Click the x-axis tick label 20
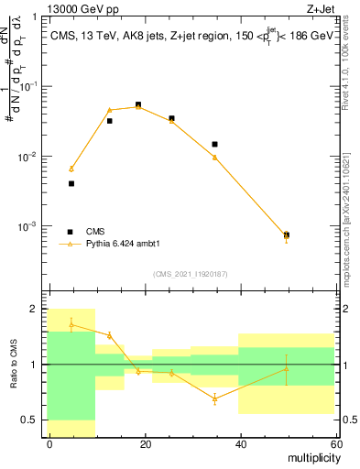click(x=145, y=443)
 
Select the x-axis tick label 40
click(x=240, y=443)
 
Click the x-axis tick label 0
click(x=49, y=443)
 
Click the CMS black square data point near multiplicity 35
click(x=214, y=144)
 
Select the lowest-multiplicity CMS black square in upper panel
click(x=71, y=183)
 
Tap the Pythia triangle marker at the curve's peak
click(x=138, y=106)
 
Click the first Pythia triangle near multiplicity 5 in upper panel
click(x=71, y=169)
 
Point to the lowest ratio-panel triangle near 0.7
click(x=214, y=398)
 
